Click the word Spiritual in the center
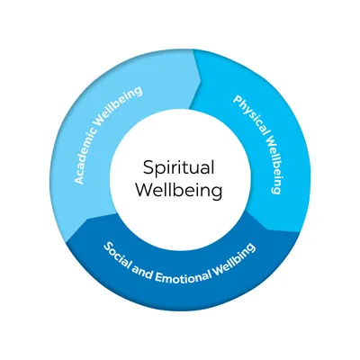(178, 168)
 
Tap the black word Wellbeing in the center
(179, 191)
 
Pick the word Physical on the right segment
(250, 115)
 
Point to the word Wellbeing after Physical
(273, 165)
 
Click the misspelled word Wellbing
(235, 259)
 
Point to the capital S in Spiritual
(148, 167)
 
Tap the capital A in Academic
(78, 179)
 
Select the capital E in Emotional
(158, 277)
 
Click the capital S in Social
(109, 247)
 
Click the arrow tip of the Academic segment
(201, 80)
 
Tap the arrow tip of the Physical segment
(268, 229)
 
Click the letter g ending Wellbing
(251, 247)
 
